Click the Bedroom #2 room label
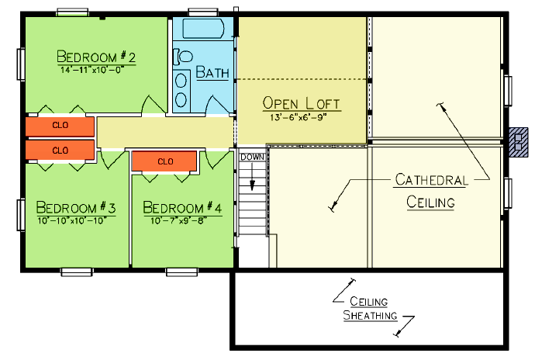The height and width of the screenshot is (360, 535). tap(96, 57)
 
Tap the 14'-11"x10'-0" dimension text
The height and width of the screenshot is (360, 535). tap(92, 70)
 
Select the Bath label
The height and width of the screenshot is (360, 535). tap(212, 72)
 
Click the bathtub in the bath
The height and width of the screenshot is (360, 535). tap(203, 29)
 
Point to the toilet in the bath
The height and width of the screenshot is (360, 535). tap(183, 57)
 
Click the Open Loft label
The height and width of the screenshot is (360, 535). tap(302, 103)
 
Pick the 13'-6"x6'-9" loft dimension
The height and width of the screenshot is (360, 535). tap(299, 117)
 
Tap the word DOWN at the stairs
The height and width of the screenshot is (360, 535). tap(252, 157)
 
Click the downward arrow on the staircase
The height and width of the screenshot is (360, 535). tap(252, 177)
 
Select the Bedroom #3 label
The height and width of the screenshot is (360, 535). tap(76, 207)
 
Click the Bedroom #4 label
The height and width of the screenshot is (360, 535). tap(182, 207)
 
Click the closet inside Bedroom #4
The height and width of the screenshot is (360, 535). tap(164, 161)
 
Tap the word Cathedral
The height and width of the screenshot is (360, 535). tap(431, 180)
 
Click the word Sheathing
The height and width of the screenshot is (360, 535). tap(370, 315)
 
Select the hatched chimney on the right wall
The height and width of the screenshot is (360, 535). tap(519, 142)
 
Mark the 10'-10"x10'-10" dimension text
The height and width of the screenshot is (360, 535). tap(72, 221)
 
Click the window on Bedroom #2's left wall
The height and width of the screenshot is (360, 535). tap(21, 64)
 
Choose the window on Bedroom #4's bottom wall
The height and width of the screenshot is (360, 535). tap(181, 272)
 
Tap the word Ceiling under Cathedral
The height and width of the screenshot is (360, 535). tap(430, 202)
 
